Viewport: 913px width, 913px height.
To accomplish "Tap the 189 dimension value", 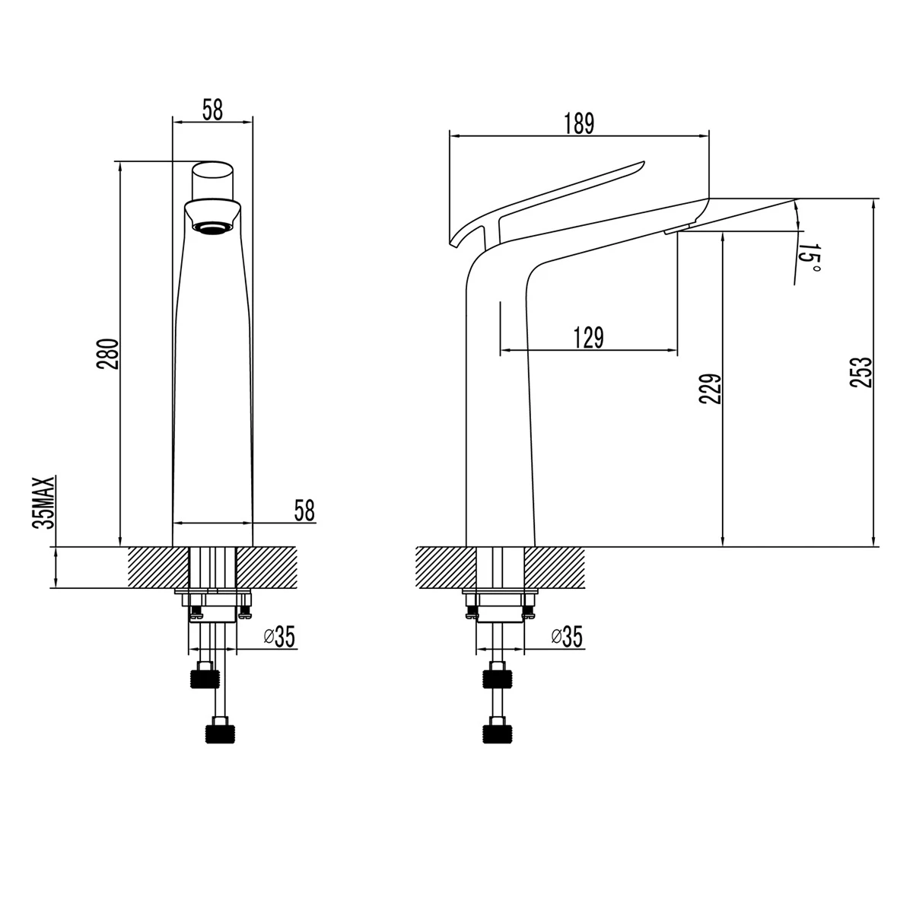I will (579, 123).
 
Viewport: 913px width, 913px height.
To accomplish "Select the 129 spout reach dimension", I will (589, 337).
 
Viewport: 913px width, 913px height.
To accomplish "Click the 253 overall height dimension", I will (860, 373).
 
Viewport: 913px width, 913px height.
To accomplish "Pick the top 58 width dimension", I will (212, 110).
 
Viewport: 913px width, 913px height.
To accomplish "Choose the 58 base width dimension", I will (304, 511).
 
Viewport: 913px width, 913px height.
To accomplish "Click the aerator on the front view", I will (213, 227).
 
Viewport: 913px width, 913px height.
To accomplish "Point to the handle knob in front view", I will (212, 180).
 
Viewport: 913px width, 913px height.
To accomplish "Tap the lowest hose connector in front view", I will (221, 732).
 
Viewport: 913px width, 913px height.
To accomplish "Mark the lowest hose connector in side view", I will (497, 732).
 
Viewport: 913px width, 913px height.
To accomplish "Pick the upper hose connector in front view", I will (203, 676).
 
